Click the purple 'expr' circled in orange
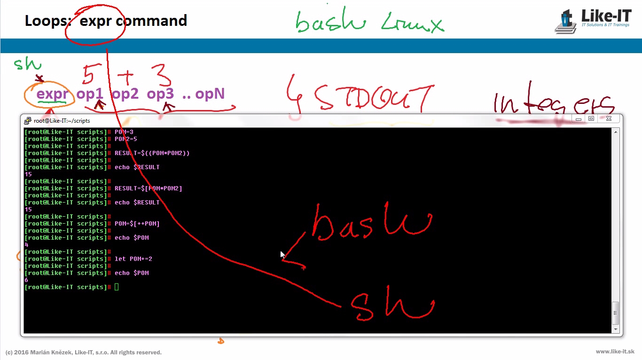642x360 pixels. point(52,94)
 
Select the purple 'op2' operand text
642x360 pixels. point(125,94)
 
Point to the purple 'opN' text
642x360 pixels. point(210,94)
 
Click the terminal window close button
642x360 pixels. point(609,119)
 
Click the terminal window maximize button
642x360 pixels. point(591,119)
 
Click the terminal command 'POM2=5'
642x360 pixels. point(126,139)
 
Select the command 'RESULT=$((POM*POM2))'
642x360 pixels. point(152,153)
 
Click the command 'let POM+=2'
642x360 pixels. point(133,259)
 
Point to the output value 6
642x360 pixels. point(26,280)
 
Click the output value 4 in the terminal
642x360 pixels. point(26,245)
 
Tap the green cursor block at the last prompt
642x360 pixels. point(117,287)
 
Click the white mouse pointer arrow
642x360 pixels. point(282,254)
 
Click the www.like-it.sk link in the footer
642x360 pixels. point(615,352)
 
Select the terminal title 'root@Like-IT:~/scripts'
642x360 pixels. point(62,121)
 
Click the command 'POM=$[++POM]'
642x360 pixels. point(137,224)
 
